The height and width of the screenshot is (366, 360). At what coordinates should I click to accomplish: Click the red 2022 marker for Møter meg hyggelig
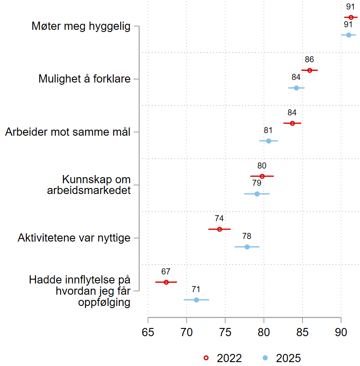(x=351, y=17)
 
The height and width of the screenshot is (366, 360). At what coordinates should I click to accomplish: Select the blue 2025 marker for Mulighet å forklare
(x=296, y=88)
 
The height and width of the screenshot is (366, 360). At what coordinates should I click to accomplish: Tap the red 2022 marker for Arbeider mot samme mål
(x=293, y=123)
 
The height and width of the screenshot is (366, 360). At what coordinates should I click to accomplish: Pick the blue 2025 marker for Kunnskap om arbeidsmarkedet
(x=257, y=194)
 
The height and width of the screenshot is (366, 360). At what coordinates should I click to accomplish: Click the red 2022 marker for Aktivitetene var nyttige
(x=220, y=229)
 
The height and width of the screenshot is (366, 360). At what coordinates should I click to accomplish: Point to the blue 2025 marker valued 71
(x=196, y=299)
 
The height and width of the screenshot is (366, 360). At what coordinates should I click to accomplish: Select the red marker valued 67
(x=166, y=282)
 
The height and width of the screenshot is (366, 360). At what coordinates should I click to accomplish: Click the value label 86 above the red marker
(x=309, y=60)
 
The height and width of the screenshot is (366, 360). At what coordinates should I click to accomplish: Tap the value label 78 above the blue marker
(x=247, y=236)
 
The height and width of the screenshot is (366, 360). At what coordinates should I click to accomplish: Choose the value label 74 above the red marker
(x=219, y=218)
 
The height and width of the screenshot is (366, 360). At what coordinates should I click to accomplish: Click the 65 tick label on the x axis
(x=148, y=333)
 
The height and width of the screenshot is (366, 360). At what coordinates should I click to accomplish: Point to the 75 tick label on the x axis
(x=225, y=333)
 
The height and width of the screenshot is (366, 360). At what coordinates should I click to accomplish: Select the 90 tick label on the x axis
(x=341, y=333)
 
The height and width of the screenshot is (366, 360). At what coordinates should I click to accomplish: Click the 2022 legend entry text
(x=229, y=358)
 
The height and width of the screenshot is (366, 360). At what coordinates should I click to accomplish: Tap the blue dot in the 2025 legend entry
(x=265, y=358)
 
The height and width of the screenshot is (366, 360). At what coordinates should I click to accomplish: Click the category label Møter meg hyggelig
(x=81, y=26)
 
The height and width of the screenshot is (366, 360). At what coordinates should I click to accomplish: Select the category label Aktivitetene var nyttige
(x=74, y=238)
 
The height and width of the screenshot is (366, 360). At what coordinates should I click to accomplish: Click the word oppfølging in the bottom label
(x=104, y=302)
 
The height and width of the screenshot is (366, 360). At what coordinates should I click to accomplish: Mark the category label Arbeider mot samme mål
(x=68, y=132)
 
